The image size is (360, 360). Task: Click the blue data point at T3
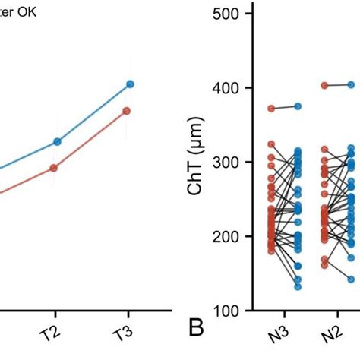point(130,84)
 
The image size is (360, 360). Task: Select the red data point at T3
point(127,111)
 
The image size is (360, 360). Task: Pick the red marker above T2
point(53,168)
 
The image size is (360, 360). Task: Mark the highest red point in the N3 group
point(271,109)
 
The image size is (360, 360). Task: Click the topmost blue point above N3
point(298,106)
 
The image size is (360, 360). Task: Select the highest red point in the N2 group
point(324,86)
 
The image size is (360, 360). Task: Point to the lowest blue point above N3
point(297,286)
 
